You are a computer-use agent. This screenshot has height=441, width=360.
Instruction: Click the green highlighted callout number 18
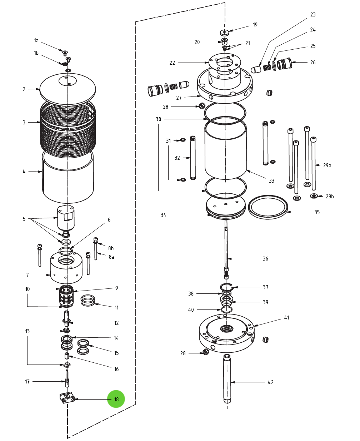click(x=116, y=399)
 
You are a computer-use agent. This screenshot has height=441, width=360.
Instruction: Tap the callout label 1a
click(x=36, y=40)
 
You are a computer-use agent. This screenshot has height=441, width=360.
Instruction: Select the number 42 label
click(x=271, y=382)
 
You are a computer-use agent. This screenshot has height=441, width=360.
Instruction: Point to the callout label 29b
click(x=330, y=197)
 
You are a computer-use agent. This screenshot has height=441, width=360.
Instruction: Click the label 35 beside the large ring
click(x=317, y=212)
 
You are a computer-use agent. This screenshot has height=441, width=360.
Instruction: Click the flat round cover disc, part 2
click(x=67, y=89)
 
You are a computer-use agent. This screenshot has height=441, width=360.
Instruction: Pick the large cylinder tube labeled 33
click(x=226, y=150)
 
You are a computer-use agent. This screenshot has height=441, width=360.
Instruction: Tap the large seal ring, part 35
click(x=268, y=207)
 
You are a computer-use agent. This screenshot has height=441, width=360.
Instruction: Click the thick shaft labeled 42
click(x=227, y=379)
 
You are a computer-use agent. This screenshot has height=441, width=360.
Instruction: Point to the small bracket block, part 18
click(x=67, y=397)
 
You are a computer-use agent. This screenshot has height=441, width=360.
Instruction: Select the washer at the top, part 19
click(x=224, y=33)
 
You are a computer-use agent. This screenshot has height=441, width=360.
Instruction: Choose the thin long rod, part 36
click(x=226, y=243)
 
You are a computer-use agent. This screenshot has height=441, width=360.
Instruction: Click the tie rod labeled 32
click(x=193, y=158)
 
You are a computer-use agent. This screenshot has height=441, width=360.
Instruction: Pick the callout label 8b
click(x=111, y=248)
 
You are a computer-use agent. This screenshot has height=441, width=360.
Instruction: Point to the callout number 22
click(x=172, y=63)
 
